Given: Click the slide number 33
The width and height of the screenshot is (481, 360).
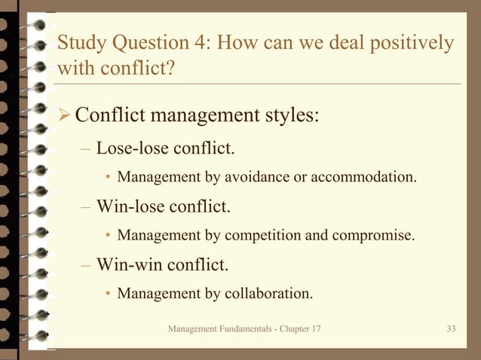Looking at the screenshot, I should (452, 329).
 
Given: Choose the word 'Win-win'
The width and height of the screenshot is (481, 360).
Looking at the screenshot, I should (124, 264).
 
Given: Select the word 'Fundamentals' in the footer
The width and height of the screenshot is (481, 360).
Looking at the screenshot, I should (237, 329).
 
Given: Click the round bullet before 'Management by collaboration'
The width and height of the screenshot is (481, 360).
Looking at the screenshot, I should (108, 294).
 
